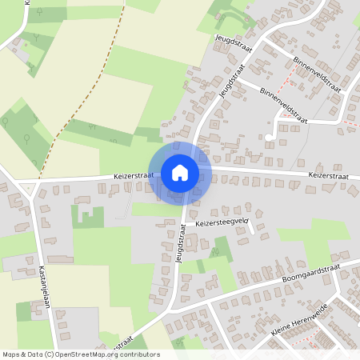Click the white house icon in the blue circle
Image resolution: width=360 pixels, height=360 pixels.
point(180,173)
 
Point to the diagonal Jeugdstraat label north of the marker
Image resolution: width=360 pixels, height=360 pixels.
point(230,82)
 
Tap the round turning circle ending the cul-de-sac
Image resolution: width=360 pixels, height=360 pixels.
point(270,137)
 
